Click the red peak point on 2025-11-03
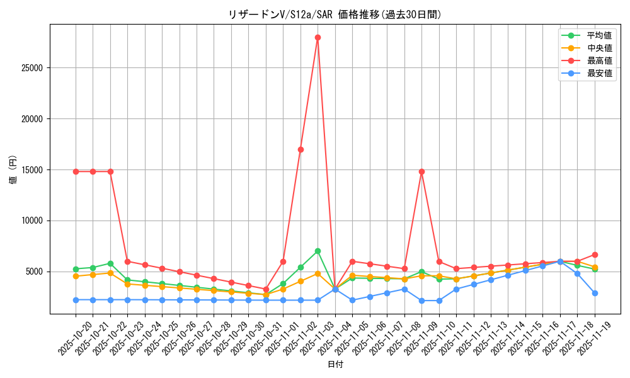pyautogui.click(x=318, y=37)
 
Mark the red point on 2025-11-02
pyautogui.click(x=301, y=149)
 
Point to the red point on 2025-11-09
pyautogui.click(x=421, y=171)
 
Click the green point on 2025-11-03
pyautogui.click(x=318, y=251)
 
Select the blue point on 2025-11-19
pyautogui.click(x=595, y=293)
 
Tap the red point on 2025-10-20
pyautogui.click(x=76, y=171)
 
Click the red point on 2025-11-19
pyautogui.click(x=595, y=255)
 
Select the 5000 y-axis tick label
pyautogui.click(x=37, y=272)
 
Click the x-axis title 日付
pyautogui.click(x=335, y=365)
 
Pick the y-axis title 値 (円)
pyautogui.click(x=13, y=169)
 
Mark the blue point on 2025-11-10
pyautogui.click(x=439, y=301)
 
